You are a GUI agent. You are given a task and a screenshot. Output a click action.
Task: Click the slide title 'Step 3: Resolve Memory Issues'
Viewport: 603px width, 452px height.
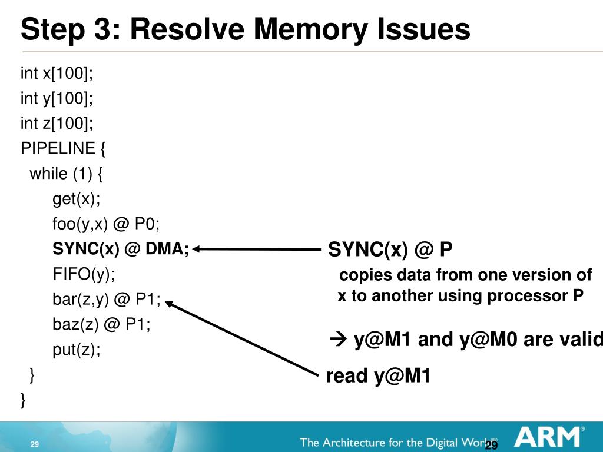pos(246,29)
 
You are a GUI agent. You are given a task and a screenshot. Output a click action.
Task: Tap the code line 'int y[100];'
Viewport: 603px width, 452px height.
pos(57,98)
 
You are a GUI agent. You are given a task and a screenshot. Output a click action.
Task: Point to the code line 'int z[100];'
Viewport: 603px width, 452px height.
pos(57,124)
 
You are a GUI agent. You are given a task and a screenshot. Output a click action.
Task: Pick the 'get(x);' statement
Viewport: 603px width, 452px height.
pos(77,200)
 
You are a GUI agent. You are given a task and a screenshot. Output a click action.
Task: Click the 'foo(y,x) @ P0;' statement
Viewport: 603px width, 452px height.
pos(106,224)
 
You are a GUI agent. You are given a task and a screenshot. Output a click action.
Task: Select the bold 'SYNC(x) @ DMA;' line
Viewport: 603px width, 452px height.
pos(121,250)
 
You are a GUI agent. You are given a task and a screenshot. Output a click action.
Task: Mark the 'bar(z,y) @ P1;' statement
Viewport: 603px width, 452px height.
pos(107,300)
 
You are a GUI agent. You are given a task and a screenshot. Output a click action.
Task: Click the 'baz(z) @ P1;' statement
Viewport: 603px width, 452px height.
pos(101,324)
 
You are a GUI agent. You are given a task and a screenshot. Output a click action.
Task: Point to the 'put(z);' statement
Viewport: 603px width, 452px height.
pos(77,350)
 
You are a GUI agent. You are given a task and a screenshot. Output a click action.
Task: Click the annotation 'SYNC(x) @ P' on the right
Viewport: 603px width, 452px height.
pos(390,250)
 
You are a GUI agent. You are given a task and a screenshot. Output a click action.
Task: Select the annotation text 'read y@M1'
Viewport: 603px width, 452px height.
pos(378,375)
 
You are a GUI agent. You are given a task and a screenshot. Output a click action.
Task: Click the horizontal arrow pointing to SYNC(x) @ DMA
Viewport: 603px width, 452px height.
pos(259,249)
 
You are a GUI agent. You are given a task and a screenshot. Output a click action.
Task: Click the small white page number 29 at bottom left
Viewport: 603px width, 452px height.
pos(34,444)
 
